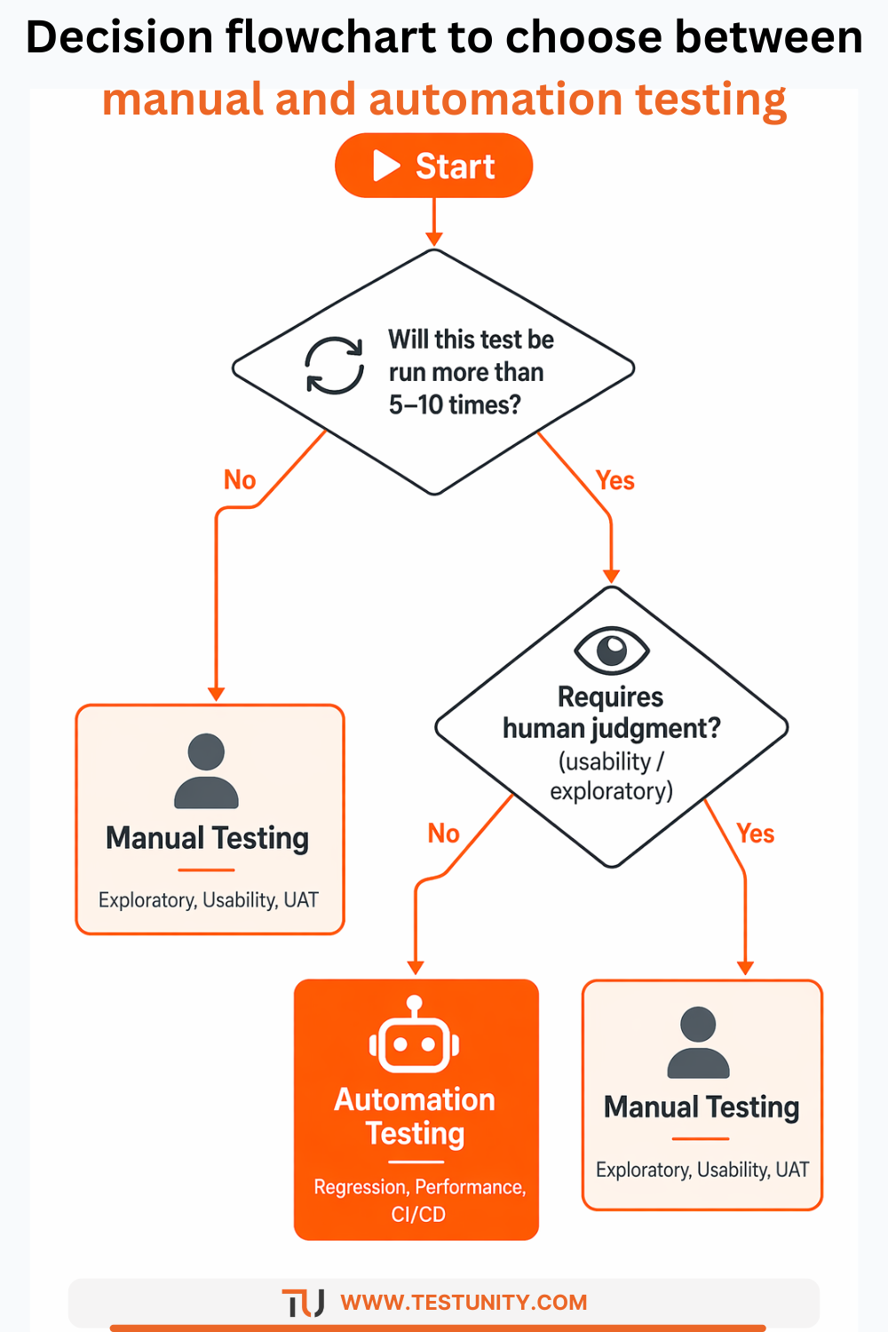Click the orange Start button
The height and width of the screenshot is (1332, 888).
click(433, 166)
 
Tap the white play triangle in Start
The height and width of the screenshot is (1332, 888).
click(386, 166)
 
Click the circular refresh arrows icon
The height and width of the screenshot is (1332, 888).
click(335, 365)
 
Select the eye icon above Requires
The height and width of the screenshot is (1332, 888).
click(612, 650)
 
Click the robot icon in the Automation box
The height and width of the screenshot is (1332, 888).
click(415, 1036)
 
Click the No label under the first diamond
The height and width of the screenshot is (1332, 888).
click(240, 480)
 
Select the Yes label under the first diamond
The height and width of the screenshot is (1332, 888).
click(614, 480)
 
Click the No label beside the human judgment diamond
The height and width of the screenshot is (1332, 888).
click(443, 834)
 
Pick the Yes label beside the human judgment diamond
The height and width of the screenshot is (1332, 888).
click(755, 834)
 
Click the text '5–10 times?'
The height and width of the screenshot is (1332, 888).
click(455, 405)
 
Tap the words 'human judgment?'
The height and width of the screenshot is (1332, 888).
click(611, 728)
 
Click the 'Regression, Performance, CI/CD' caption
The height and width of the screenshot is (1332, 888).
click(419, 1200)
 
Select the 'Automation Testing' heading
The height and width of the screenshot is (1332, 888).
click(415, 1116)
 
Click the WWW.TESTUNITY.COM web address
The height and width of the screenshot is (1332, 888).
click(464, 1303)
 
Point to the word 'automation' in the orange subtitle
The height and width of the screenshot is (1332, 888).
click(496, 99)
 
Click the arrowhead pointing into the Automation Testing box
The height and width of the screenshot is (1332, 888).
click(415, 968)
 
